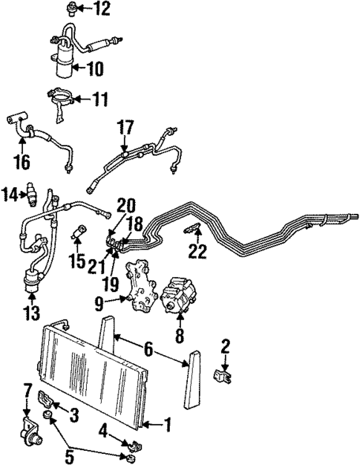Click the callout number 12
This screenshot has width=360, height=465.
point(101,9)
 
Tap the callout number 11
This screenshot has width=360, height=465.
point(99,98)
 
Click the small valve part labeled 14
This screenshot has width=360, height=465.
point(31,193)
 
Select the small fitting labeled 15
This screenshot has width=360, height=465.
point(78,236)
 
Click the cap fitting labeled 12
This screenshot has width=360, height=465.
point(72,9)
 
